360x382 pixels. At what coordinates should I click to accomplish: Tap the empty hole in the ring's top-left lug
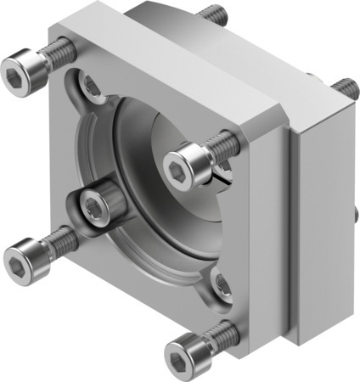88,83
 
